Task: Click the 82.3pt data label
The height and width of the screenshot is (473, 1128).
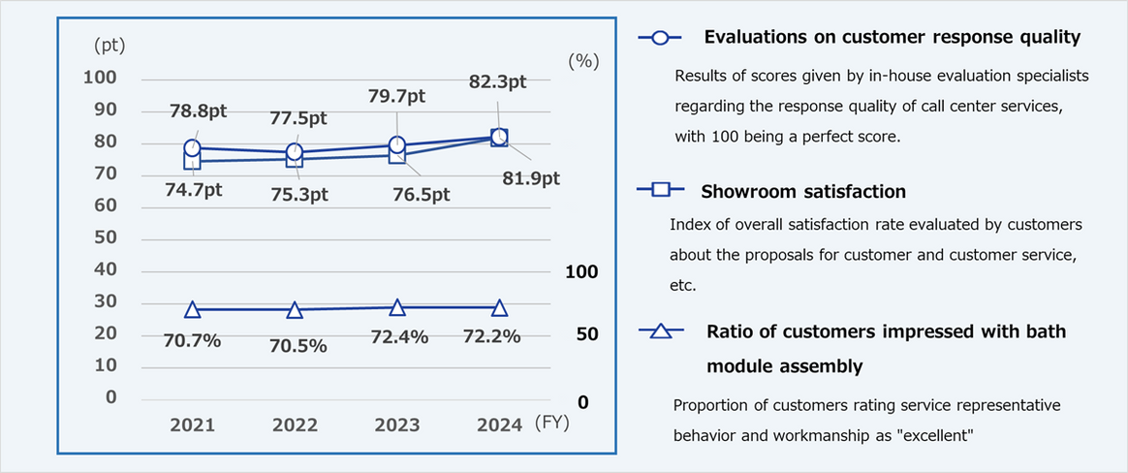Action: pyautogui.click(x=497, y=82)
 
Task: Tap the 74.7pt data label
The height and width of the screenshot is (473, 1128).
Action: pyautogui.click(x=193, y=190)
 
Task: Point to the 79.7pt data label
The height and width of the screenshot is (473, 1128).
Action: pyautogui.click(x=396, y=96)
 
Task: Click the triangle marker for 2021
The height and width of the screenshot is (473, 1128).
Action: pyautogui.click(x=193, y=309)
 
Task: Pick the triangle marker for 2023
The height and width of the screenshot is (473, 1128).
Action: pyautogui.click(x=396, y=307)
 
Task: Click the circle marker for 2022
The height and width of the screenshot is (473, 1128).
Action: pyautogui.click(x=295, y=152)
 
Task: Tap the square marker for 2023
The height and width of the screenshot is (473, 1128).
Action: pyautogui.click(x=396, y=155)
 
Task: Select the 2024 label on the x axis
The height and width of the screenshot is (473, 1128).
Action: pyautogui.click(x=499, y=426)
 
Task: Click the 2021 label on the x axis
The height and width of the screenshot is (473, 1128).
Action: pyautogui.click(x=193, y=426)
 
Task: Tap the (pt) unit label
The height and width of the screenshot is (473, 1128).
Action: pyautogui.click(x=110, y=45)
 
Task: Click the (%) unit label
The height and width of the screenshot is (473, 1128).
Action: pyautogui.click(x=583, y=60)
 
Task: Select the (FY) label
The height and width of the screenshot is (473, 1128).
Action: pyautogui.click(x=553, y=425)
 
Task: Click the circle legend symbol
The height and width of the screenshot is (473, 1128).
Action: pyautogui.click(x=660, y=38)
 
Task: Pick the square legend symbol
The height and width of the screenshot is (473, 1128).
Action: pyautogui.click(x=660, y=190)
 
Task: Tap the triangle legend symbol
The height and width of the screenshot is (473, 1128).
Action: pyautogui.click(x=660, y=332)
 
